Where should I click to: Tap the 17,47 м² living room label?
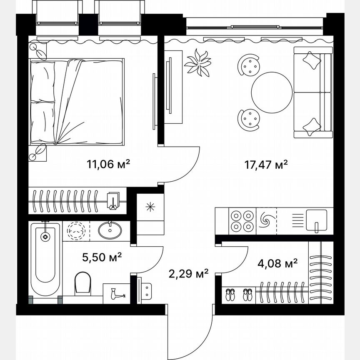[x=266, y=165]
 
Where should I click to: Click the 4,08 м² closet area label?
[x=277, y=263]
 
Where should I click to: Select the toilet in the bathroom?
[x=83, y=283]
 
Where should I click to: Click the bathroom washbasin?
[x=111, y=230]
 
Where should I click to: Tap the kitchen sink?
[x=316, y=220]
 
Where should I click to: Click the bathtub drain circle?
[x=45, y=236]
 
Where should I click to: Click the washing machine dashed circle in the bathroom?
[x=76, y=230]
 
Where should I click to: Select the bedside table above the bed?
[x=38, y=50]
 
